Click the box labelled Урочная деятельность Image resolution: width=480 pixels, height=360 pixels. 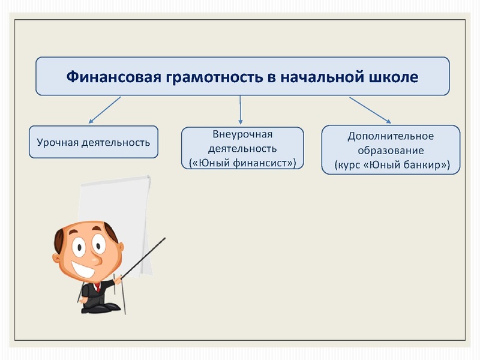tap(94, 142)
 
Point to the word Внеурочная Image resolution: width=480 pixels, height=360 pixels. tap(242, 134)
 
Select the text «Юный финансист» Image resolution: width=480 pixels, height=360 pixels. tap(242, 162)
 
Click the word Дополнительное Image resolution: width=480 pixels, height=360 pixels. tap(391, 136)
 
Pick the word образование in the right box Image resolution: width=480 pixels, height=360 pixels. tap(391, 150)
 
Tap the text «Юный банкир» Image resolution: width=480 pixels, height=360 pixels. tap(405, 164)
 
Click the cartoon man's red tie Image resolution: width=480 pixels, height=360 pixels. tap(98, 287)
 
